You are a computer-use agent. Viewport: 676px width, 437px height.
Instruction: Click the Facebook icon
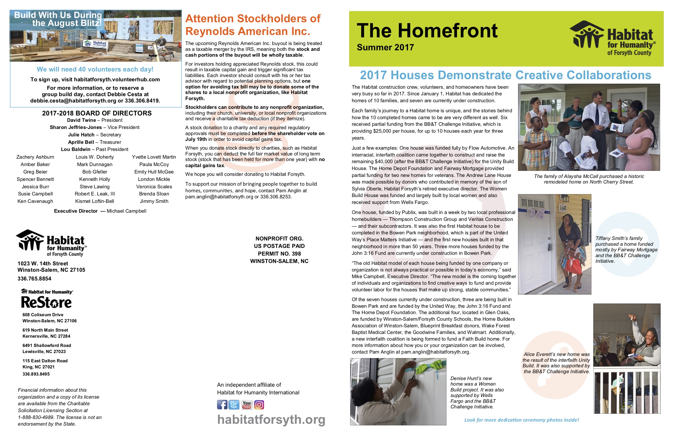pos(222,405)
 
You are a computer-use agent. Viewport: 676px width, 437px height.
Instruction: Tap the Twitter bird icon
pos(234,405)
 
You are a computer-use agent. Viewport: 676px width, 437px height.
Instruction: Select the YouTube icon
pos(247,405)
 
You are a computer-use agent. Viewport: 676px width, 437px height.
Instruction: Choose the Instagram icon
pos(259,405)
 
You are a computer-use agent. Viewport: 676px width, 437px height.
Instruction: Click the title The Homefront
pos(427,31)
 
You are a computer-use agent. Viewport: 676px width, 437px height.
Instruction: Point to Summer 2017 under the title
pos(385,47)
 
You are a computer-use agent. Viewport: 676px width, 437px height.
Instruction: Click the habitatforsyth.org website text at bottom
pos(271,420)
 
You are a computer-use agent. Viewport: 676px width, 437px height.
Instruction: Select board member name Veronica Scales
pos(154,187)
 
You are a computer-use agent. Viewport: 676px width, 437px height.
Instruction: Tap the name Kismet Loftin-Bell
pos(95,201)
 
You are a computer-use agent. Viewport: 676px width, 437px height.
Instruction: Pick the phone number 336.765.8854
pos(34,279)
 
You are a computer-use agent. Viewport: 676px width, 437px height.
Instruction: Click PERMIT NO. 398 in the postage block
pos(279,254)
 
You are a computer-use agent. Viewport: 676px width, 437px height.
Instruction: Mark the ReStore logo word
pos(46,302)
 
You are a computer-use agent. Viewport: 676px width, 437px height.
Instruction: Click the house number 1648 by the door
pos(563,208)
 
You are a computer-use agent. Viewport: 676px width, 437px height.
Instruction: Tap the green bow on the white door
pos(426,368)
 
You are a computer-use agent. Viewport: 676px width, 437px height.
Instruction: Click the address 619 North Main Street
pos(45,330)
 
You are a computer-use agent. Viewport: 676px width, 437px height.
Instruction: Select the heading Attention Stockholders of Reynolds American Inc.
pos(253,25)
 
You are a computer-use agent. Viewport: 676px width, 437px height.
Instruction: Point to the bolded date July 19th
pos(196,139)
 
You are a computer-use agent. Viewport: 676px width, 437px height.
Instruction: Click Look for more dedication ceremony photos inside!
pos(521,420)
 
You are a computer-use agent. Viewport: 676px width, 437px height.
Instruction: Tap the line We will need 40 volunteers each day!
pos(95,69)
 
